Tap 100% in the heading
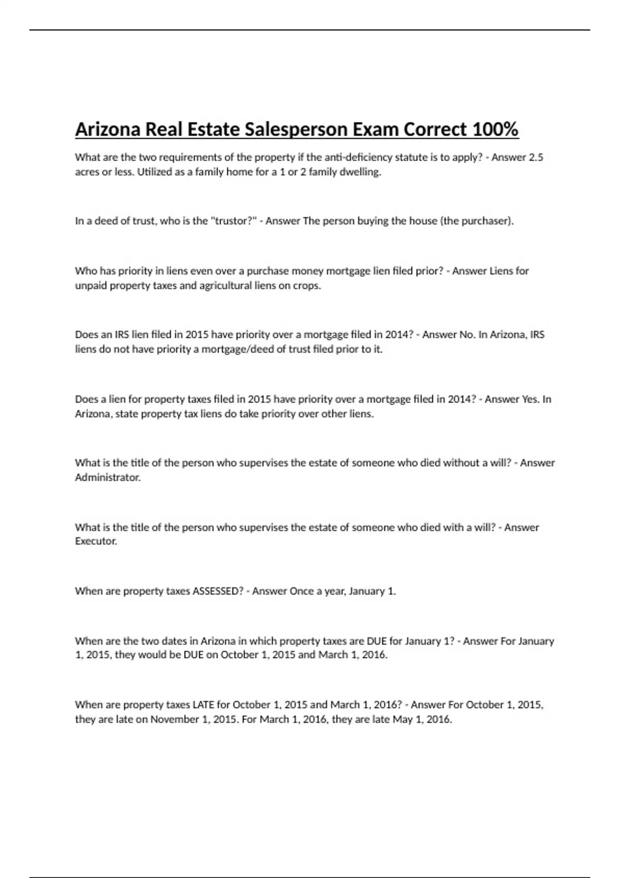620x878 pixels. [x=495, y=129]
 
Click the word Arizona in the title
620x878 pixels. [x=107, y=129]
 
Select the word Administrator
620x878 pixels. [x=107, y=478]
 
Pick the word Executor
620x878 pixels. [x=96, y=541]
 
